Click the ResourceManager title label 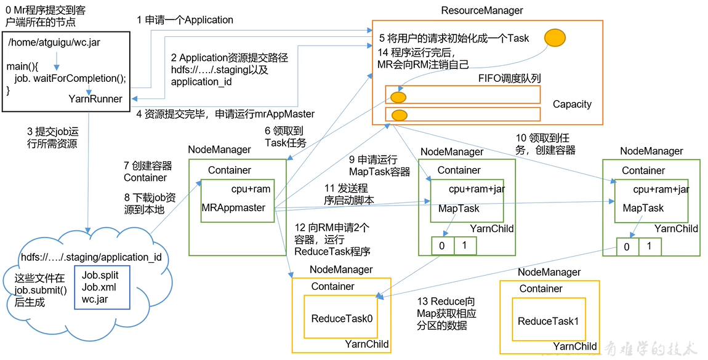tap(482, 10)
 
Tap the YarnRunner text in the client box tap(95, 98)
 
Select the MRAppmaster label tap(233, 207)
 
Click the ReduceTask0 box tap(342, 318)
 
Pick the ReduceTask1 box tap(548, 321)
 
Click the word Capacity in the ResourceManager tap(572, 104)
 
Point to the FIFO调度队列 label tap(509, 78)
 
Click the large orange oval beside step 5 tap(555, 37)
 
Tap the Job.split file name tap(100, 276)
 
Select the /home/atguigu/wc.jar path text tap(47, 42)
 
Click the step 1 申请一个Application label tap(185, 20)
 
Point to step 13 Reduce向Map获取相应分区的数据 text tap(446, 313)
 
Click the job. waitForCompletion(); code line tap(70, 78)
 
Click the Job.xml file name tap(99, 287)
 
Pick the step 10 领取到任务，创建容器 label tap(545, 143)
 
